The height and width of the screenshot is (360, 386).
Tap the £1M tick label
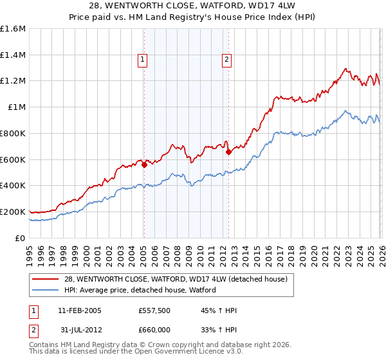point(17,107)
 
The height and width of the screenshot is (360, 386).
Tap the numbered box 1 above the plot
point(142,60)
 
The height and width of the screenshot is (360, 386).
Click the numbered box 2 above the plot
point(227,60)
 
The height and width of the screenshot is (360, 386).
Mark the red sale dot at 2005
point(144,165)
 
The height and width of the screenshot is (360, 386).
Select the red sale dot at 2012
point(229,152)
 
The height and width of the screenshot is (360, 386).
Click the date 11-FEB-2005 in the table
point(80,310)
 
